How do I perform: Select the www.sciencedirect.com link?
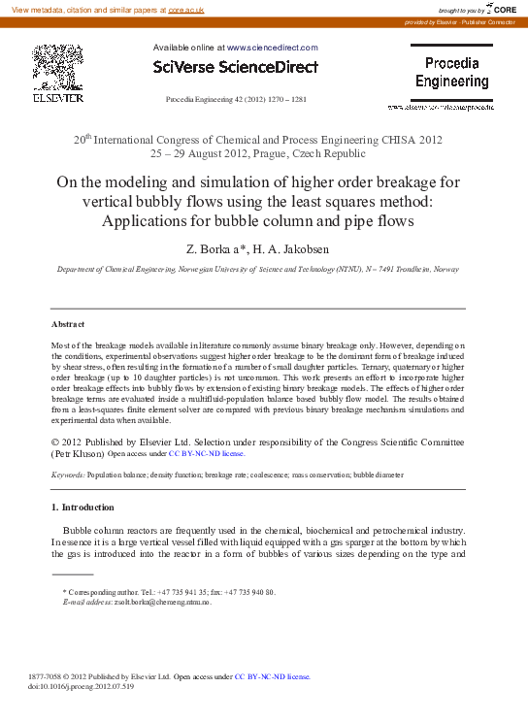pos(272,47)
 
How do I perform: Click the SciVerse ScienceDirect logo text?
pos(236,67)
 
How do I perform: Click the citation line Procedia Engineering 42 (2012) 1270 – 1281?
pos(237,100)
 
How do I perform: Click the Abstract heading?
pos(68,324)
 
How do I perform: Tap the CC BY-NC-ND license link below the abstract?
pos(206,453)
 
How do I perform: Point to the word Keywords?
pos(67,475)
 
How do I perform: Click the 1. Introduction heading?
pos(82,508)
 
